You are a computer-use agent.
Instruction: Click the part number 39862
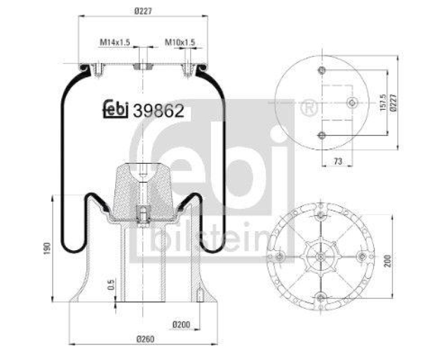pos(158,111)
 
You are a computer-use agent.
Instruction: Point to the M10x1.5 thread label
pos(180,42)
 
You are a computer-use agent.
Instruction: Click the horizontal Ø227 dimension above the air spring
pos(143,9)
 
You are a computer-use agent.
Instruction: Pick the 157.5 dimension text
pos(382,103)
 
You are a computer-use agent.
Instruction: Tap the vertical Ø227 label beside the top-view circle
pos(394,103)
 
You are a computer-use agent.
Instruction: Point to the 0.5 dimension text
pos(111,285)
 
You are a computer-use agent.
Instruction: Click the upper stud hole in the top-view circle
pos(322,70)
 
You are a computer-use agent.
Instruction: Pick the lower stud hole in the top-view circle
pos(322,134)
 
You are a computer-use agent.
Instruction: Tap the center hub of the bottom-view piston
pos(322,256)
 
